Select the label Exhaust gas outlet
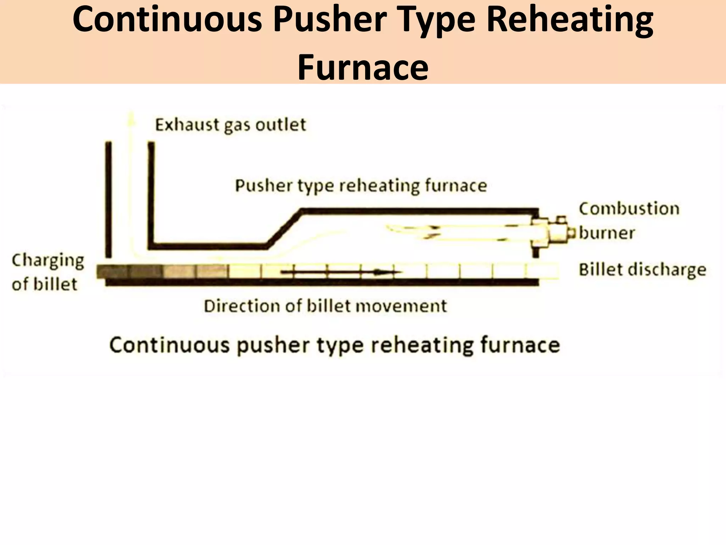pos(230,125)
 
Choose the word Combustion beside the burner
pos(629,209)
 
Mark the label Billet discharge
pos(642,270)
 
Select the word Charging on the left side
pos(48,261)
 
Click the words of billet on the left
pos(45,284)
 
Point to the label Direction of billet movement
pos(325,306)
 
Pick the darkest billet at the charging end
pos(113,272)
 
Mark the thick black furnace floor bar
pos(322,282)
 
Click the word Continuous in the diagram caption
pos(169,345)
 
